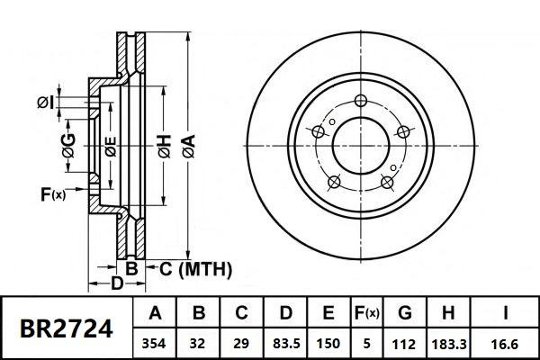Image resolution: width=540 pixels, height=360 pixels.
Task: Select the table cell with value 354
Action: (155, 344)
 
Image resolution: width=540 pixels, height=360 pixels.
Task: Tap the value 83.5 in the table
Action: (284, 344)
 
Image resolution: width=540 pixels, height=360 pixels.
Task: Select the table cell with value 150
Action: (328, 344)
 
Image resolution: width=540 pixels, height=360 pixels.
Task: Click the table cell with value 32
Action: (199, 344)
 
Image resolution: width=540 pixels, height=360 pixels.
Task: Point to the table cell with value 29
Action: (241, 344)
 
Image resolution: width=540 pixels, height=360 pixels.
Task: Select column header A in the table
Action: (155, 314)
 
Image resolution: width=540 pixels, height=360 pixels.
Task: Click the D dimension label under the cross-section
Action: (116, 285)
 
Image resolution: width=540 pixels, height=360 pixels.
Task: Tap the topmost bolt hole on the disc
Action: (361, 100)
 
